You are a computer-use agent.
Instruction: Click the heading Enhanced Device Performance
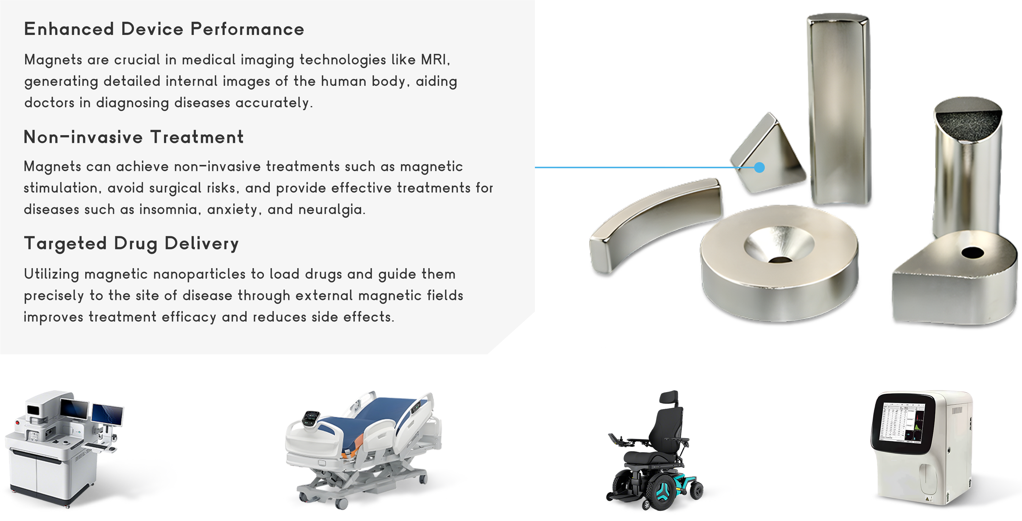(x=164, y=29)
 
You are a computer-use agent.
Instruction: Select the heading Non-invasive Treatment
(x=134, y=137)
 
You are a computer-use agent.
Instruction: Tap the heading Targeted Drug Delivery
(x=131, y=244)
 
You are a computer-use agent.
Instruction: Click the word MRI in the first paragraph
(x=435, y=59)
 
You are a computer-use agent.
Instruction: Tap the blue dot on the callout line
(x=759, y=167)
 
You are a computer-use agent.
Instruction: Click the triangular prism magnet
(x=768, y=155)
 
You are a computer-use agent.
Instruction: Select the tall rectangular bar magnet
(x=838, y=109)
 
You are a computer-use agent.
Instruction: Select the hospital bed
(x=363, y=448)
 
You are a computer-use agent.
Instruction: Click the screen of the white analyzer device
(x=902, y=423)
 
